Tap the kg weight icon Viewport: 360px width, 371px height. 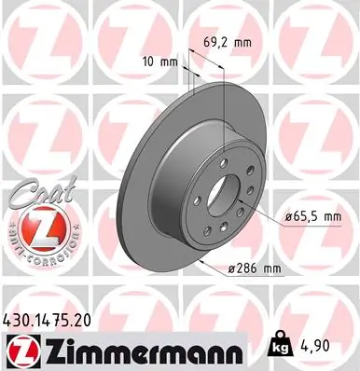click(279, 343)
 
